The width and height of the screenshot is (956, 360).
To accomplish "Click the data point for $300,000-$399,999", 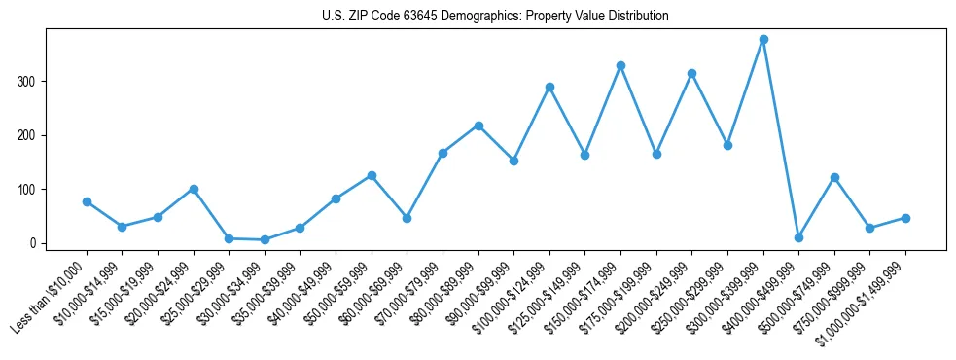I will [763, 39].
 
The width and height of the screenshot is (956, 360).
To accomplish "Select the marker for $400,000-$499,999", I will [798, 237].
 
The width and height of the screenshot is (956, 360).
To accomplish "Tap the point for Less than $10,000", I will [87, 201].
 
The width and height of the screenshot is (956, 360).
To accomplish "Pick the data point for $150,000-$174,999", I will [620, 65].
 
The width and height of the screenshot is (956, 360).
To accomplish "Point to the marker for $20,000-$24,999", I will [194, 189].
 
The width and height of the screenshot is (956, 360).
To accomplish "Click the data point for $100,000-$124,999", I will [549, 87].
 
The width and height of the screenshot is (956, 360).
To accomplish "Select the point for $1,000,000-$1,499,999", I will [905, 218].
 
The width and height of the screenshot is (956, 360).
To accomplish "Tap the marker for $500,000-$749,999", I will [834, 177].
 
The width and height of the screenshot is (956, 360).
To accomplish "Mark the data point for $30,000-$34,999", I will [265, 239].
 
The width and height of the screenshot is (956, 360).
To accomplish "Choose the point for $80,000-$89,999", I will [478, 126].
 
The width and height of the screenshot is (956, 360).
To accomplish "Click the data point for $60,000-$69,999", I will [407, 218].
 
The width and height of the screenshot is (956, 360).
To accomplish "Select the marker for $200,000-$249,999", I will [691, 73].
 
